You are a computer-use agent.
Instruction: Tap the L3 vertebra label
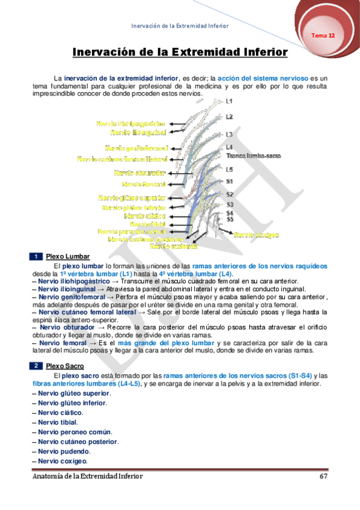coord(229,134)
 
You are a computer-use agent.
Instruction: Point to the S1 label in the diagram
coord(230,181)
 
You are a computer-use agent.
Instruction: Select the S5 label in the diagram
coord(230,220)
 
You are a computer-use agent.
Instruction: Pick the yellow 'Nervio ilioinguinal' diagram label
coord(138,132)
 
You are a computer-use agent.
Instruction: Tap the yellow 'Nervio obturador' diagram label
coord(139,173)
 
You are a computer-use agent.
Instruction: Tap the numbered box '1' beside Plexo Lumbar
coord(36,257)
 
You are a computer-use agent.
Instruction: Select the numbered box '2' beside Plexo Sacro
coord(36,366)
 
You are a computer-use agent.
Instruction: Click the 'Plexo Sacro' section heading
coord(64,366)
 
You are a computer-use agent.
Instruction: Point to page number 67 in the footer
coord(323,476)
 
